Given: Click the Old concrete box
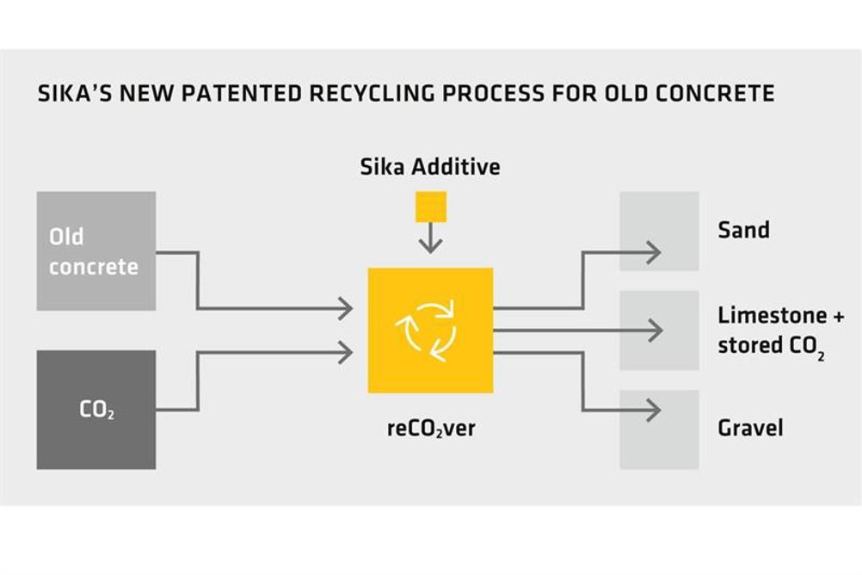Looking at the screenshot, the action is (x=96, y=250).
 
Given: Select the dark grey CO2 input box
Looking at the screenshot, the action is (x=96, y=410).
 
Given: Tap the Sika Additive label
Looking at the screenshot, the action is (x=430, y=167).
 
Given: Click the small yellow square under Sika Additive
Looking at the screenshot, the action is (x=431, y=207).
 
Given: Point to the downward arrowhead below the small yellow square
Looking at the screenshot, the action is (x=430, y=246).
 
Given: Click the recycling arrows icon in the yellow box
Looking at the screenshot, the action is (x=426, y=331).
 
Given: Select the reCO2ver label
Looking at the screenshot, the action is (x=431, y=429).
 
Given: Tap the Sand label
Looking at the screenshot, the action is (x=743, y=230).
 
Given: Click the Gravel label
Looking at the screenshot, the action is (x=750, y=428).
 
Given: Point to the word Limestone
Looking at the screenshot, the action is (x=772, y=315).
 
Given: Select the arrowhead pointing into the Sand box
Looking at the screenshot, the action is (x=654, y=252).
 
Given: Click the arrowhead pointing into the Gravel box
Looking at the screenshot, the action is (x=654, y=410).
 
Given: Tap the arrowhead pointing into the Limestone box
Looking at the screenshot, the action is (x=656, y=331).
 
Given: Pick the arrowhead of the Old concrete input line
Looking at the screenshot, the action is (x=345, y=308).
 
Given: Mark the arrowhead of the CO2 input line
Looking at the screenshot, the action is (x=345, y=352).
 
